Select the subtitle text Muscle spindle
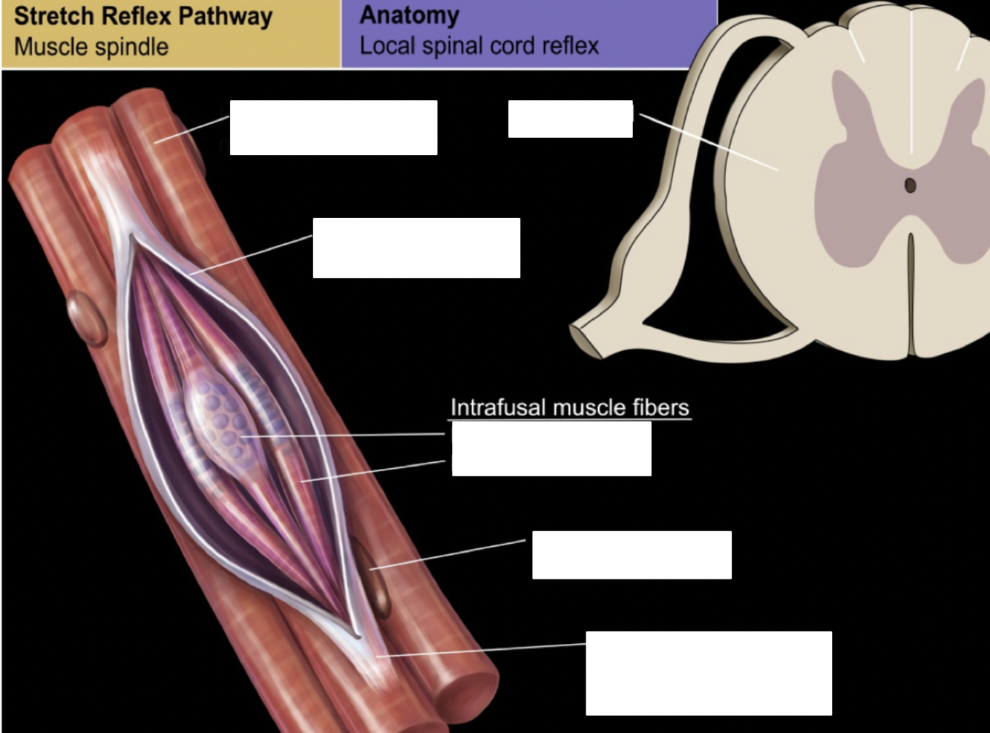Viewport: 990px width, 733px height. coord(91,47)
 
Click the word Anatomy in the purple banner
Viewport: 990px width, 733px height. coord(409,15)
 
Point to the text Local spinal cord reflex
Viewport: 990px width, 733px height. coord(479,46)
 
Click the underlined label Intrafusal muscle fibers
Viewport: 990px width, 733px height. coord(569,407)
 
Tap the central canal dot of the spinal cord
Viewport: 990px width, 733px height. coord(911,185)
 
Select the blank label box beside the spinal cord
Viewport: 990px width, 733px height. coord(570,119)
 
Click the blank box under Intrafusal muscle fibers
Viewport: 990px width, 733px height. coord(551,449)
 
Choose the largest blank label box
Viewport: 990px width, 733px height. coord(709,673)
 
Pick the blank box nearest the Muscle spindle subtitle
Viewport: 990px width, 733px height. coord(333,128)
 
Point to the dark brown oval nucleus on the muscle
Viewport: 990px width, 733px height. coord(375,579)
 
